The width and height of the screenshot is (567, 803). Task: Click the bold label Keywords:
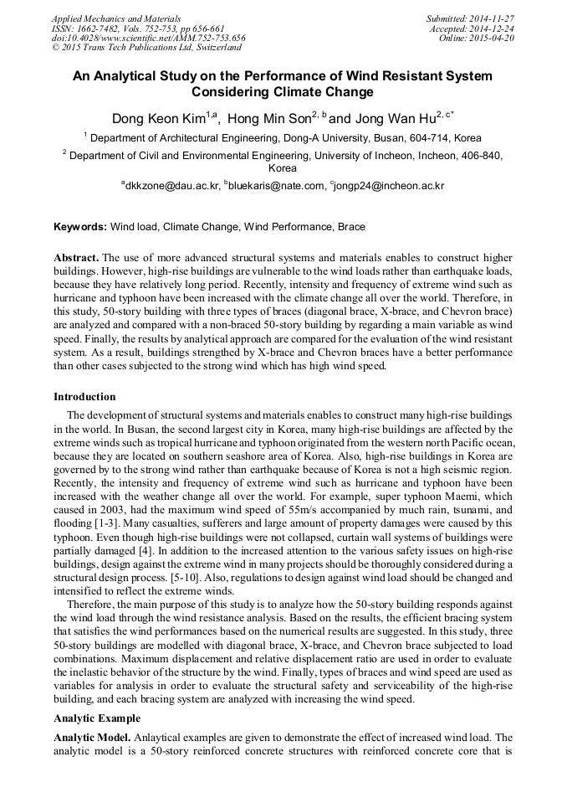[80, 227]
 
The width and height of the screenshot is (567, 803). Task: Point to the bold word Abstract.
[77, 258]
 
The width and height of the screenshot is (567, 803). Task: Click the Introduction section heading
[84, 397]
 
